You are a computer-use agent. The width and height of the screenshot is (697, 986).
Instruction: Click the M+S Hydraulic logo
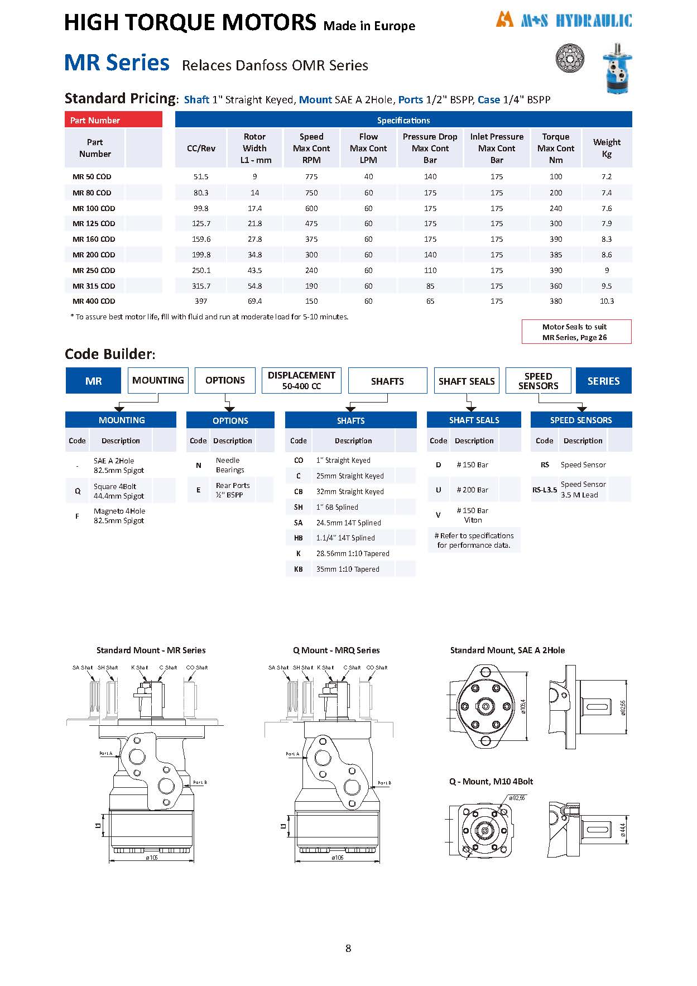pyautogui.click(x=564, y=21)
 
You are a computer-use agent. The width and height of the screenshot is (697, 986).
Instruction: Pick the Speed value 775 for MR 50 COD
pyautogui.click(x=311, y=176)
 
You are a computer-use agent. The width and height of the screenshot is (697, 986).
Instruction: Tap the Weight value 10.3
pyautogui.click(x=607, y=301)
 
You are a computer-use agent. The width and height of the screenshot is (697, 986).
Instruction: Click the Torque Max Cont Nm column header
pyautogui.click(x=556, y=148)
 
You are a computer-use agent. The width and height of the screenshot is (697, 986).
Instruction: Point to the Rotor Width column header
pyautogui.click(x=255, y=148)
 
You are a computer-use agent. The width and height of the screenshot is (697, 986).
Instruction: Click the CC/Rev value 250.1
pyautogui.click(x=201, y=270)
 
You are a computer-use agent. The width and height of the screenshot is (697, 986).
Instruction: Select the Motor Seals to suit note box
pyautogui.click(x=576, y=332)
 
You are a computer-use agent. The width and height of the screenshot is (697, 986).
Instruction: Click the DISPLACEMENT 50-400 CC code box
pyautogui.click(x=301, y=380)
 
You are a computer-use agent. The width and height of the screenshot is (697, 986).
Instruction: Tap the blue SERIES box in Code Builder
pyautogui.click(x=603, y=381)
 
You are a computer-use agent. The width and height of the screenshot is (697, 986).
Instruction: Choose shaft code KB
pyautogui.click(x=298, y=569)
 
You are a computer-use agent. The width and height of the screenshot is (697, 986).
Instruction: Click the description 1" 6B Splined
pyautogui.click(x=337, y=507)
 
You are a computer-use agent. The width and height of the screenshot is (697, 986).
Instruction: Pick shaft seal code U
pyautogui.click(x=438, y=490)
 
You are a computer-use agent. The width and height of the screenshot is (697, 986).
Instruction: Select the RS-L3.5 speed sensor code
pyautogui.click(x=544, y=490)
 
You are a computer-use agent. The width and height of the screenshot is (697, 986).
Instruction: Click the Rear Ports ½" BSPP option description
pyautogui.click(x=233, y=490)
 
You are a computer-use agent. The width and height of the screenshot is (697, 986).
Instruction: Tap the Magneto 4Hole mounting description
pyautogui.click(x=119, y=515)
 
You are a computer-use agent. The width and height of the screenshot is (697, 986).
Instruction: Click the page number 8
pyautogui.click(x=348, y=948)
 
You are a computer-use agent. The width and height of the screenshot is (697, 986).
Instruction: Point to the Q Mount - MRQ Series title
pyautogui.click(x=336, y=650)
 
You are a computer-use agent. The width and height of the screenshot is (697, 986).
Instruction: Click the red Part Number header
pyautogui.click(x=113, y=120)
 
